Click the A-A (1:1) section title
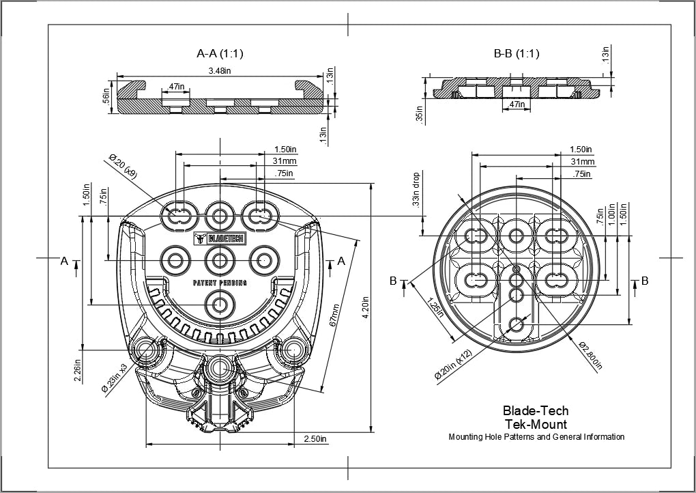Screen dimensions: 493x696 [220, 53]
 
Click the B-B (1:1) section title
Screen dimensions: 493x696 [516, 53]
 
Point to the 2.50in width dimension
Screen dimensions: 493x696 [315, 438]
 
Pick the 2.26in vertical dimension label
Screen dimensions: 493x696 [78, 369]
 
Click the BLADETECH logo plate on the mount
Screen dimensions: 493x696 [220, 238]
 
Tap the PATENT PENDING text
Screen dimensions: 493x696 [220, 282]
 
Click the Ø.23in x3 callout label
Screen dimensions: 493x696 [115, 377]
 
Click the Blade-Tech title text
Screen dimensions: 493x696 [535, 411]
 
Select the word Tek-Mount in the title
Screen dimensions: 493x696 [535, 424]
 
